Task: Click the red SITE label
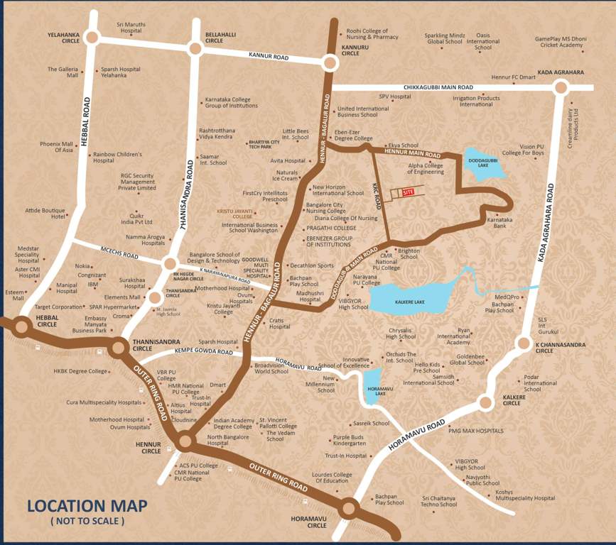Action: pos(407,192)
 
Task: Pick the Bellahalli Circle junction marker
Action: pos(195,48)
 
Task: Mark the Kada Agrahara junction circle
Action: pos(561,87)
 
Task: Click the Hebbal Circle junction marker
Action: pos(21,327)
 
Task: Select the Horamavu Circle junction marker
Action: pos(348,508)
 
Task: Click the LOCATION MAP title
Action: pos(87,506)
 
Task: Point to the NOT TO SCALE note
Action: pos(87,522)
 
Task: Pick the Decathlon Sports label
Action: pos(311,265)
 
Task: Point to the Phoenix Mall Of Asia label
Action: pos(57,147)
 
